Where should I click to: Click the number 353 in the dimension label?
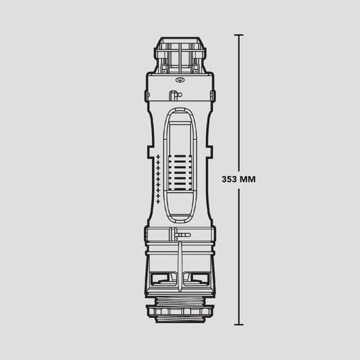click(229, 179)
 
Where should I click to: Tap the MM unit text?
click(247, 179)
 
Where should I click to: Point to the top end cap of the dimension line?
click(239, 35)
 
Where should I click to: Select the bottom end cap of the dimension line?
click(239, 324)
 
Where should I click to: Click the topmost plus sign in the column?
click(158, 157)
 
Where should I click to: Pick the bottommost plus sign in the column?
click(158, 201)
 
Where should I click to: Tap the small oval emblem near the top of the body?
click(180, 80)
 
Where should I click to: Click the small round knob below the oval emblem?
click(180, 95)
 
